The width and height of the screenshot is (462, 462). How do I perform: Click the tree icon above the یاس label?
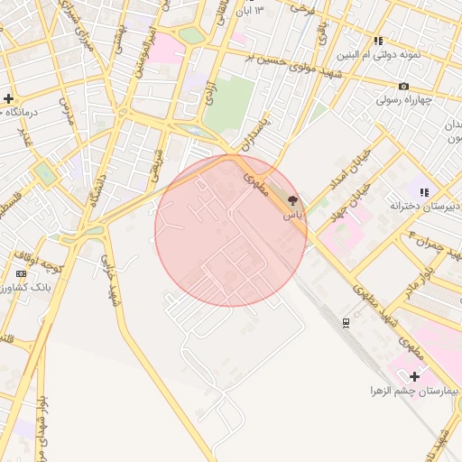[291, 200]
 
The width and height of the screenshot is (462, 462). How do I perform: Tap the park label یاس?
[291, 216]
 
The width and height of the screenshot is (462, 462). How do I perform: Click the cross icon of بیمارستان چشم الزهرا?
[414, 375]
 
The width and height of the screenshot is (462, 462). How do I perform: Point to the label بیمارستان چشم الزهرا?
[414, 392]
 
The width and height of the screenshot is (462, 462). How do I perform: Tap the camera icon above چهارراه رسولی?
[403, 86]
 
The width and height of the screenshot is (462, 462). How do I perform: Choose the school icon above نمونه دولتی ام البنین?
[379, 41]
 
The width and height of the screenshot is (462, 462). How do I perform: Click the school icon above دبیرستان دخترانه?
[424, 191]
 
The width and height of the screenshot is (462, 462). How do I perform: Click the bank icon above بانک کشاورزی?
[21, 273]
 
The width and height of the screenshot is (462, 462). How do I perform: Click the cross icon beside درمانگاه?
[8, 98]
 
